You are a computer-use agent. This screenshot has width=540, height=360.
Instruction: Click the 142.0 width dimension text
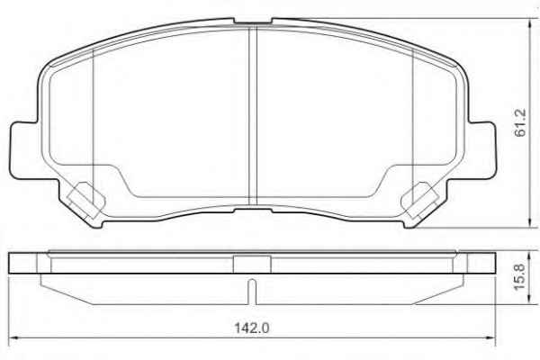point(251,328)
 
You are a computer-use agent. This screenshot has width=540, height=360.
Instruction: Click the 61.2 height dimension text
point(520,122)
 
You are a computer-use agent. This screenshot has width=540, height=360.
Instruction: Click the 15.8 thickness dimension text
point(519,276)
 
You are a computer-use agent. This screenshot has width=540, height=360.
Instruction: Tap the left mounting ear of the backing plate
point(23,150)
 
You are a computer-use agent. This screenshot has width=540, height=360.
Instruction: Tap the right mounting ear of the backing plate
point(482,150)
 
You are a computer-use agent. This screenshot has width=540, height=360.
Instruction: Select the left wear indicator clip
point(85,201)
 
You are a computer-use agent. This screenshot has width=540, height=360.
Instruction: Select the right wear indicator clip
point(419,201)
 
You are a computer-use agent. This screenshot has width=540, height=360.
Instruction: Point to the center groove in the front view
point(253,116)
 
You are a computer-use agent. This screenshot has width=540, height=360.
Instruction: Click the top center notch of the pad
point(253,22)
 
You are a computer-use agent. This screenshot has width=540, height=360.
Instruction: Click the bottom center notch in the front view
point(253,209)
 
